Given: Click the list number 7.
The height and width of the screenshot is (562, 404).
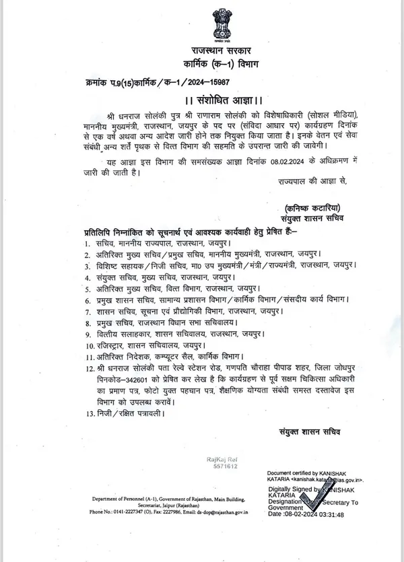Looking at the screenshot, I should pyautogui.click(x=88, y=312).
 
